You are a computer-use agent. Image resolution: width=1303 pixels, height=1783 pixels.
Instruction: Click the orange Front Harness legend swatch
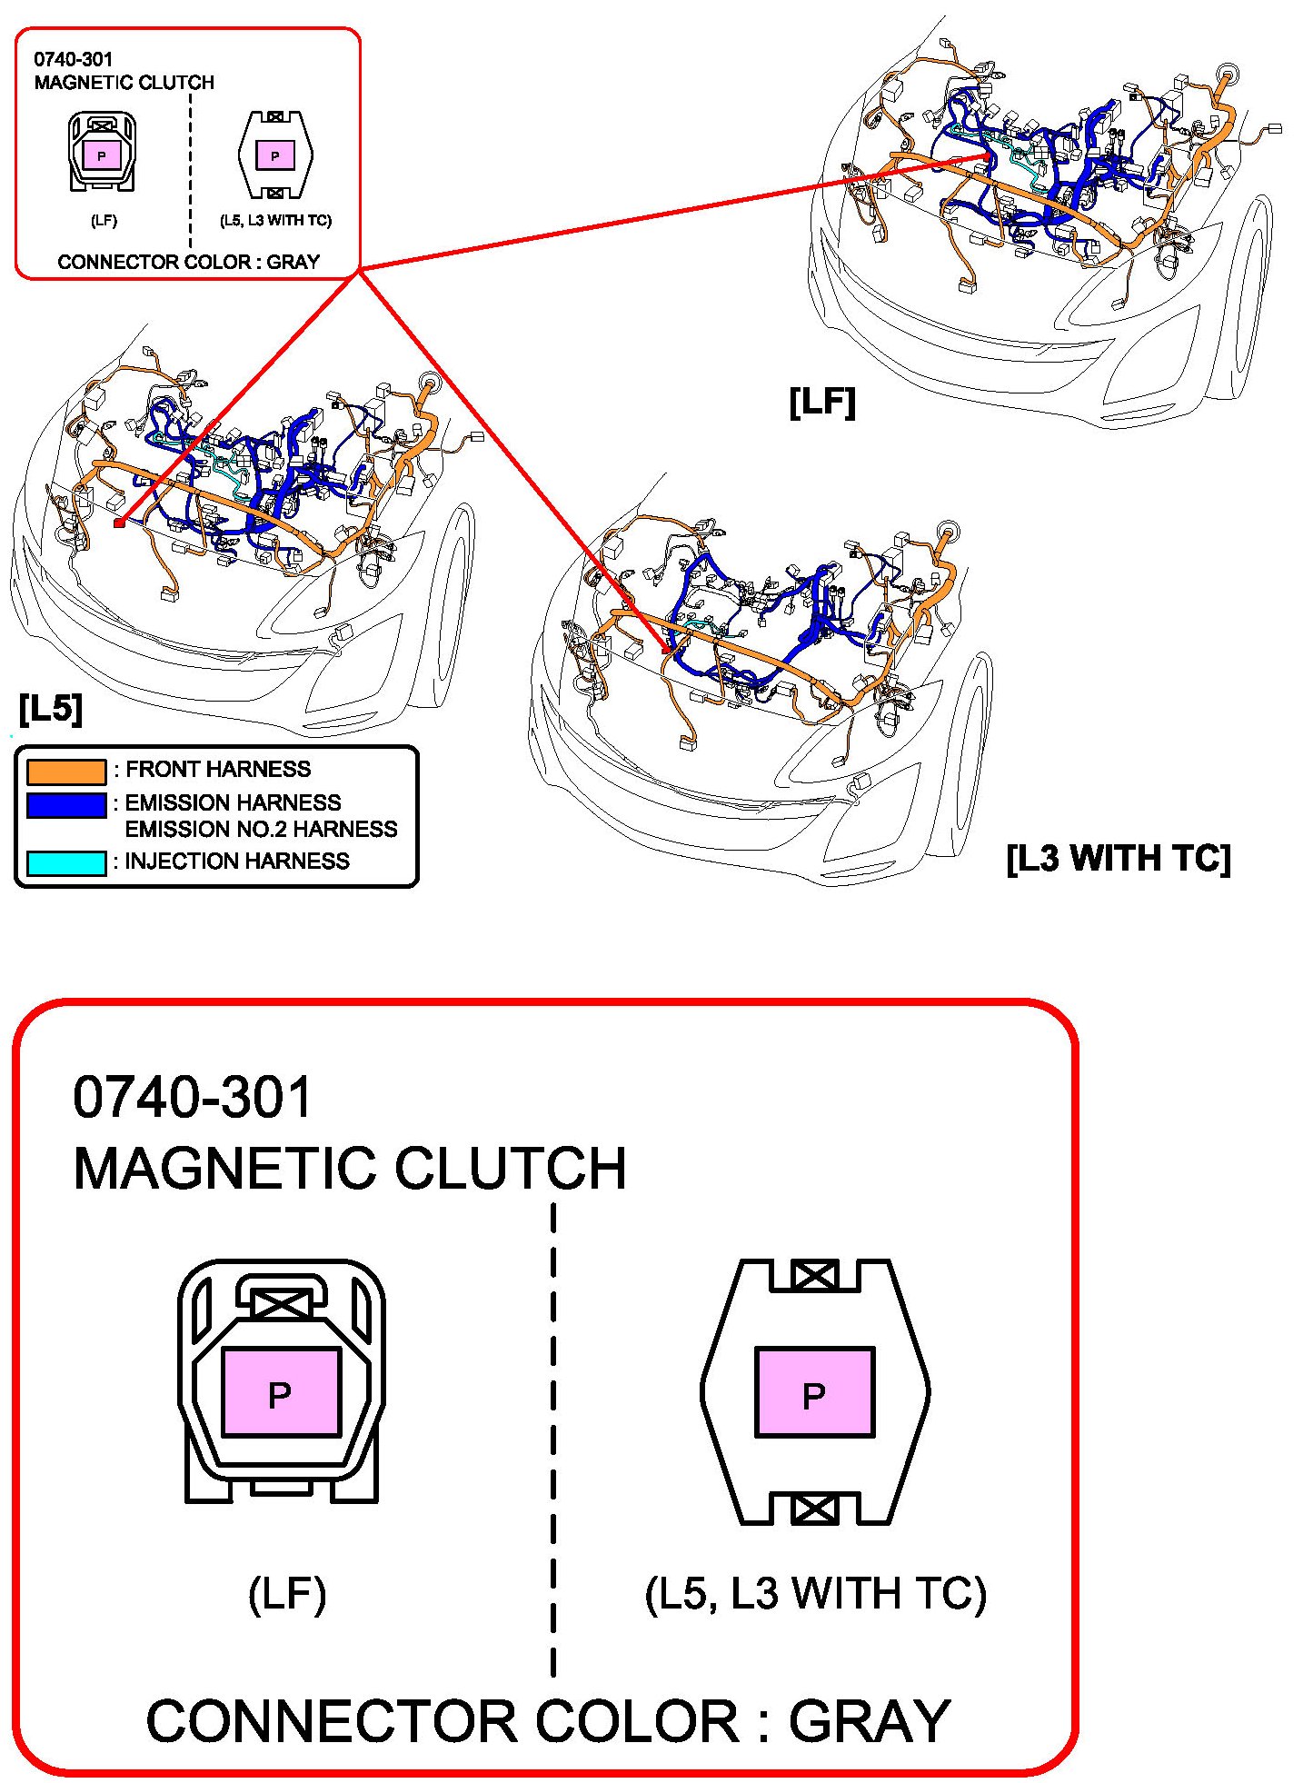(x=66, y=772)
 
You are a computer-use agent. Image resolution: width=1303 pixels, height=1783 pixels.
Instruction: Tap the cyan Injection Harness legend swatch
(x=66, y=862)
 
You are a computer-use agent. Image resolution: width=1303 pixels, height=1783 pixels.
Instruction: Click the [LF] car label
(x=822, y=402)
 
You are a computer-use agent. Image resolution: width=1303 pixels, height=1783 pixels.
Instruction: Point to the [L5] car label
(x=51, y=708)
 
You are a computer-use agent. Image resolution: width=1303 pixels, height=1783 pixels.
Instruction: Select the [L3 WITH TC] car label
(x=1119, y=858)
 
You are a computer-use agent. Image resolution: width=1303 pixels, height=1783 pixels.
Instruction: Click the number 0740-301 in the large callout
(x=193, y=1097)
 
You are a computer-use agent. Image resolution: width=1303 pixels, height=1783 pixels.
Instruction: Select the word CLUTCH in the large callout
(x=510, y=1169)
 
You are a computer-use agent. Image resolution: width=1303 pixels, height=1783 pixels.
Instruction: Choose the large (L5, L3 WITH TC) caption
(x=815, y=1594)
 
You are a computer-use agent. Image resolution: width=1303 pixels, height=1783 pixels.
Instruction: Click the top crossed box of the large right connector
(x=814, y=1275)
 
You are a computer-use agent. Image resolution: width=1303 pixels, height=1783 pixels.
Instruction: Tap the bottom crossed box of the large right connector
(x=814, y=1509)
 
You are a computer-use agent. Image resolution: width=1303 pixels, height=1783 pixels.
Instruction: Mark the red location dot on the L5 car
(x=118, y=523)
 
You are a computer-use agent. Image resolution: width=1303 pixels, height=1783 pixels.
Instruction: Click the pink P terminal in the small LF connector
(x=102, y=155)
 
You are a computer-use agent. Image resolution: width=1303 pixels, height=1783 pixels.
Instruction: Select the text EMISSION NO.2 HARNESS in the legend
(x=261, y=830)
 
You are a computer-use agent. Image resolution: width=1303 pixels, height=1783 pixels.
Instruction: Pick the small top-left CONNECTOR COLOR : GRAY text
(x=188, y=263)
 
